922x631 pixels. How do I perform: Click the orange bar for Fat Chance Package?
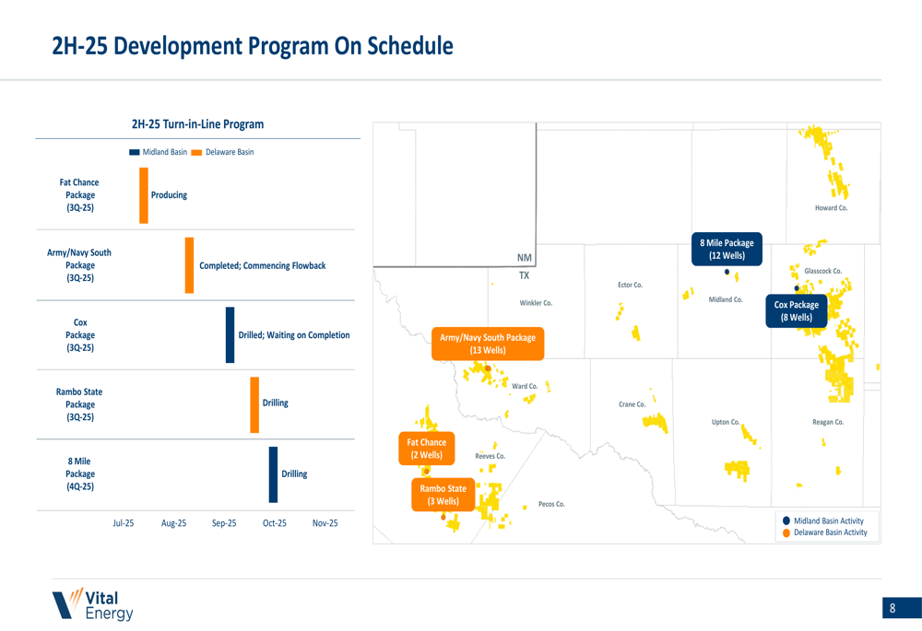[144, 195]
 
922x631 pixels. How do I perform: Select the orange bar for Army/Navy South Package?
[189, 265]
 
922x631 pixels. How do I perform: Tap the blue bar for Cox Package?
[230, 335]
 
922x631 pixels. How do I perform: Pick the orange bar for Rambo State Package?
[254, 404]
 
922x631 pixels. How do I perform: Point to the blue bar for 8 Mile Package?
[274, 474]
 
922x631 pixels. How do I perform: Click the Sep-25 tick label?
[224, 523]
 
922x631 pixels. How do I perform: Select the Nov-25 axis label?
[325, 523]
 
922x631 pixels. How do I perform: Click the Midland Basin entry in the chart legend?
[159, 152]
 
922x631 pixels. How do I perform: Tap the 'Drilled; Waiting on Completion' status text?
[294, 335]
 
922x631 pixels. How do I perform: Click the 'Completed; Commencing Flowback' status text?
[262, 265]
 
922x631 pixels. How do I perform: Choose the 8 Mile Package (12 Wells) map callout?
[727, 249]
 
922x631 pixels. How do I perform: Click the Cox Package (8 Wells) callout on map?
[797, 310]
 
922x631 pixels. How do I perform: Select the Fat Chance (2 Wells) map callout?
[426, 449]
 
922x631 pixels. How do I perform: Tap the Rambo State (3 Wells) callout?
[443, 495]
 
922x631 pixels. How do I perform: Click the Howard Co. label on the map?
[832, 208]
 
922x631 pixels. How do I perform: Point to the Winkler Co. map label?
[536, 303]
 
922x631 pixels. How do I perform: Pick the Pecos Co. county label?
[551, 504]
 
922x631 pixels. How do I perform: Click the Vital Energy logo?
[93, 604]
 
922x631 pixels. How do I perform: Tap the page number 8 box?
[902, 608]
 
